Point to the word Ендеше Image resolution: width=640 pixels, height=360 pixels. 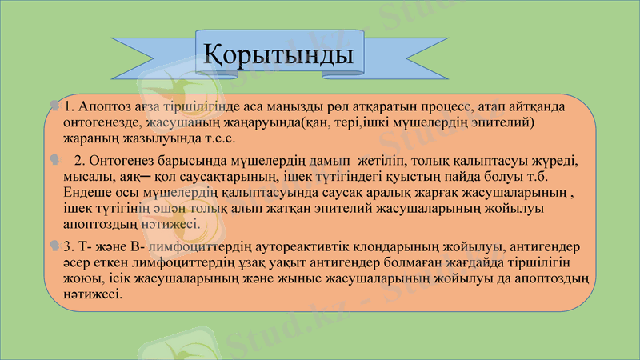(86, 192)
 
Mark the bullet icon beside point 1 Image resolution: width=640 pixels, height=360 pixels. (54, 106)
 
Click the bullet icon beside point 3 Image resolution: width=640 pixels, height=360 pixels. (54, 244)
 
